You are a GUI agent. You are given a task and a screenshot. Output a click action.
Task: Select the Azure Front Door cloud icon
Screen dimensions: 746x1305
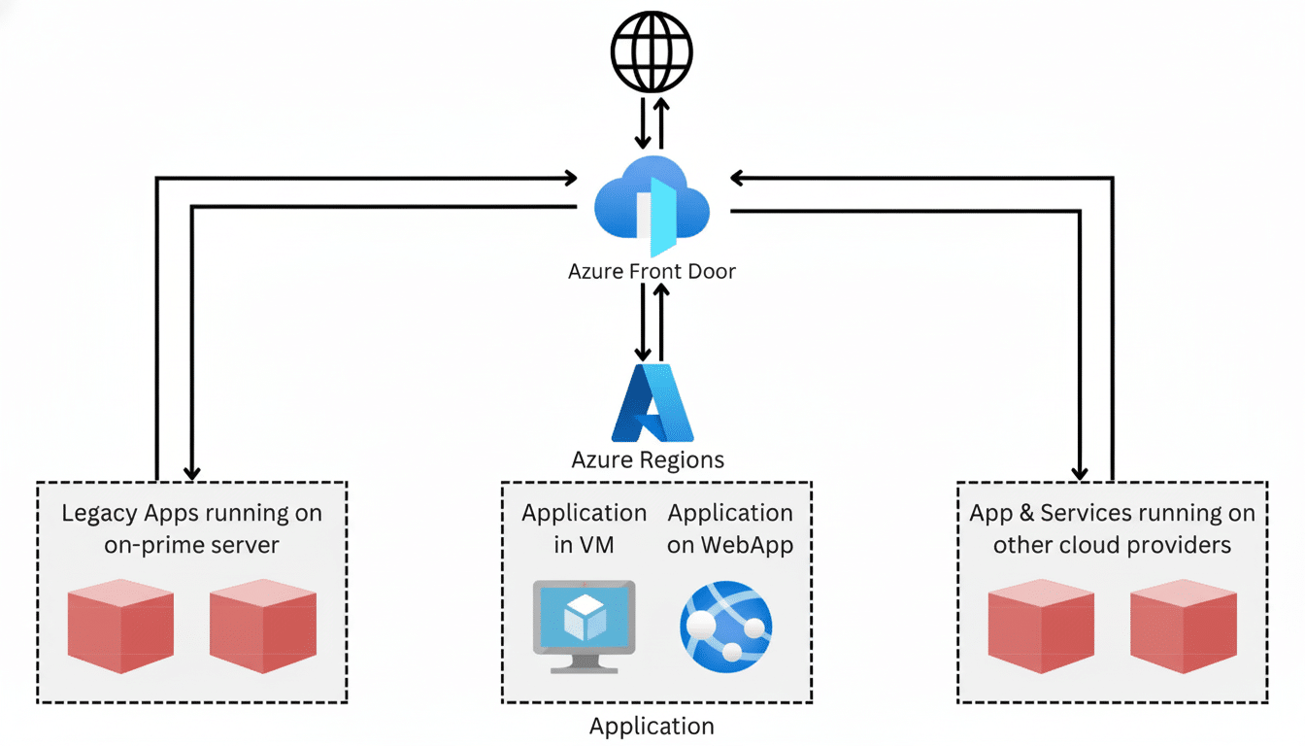coord(652,205)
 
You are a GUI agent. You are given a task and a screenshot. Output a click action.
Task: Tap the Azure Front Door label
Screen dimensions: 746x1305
coord(652,272)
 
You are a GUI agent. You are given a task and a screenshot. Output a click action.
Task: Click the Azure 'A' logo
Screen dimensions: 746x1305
coord(652,404)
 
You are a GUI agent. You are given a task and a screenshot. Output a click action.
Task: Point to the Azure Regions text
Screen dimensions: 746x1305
coord(648,459)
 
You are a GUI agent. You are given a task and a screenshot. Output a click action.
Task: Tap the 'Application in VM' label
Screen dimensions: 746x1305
coord(584,528)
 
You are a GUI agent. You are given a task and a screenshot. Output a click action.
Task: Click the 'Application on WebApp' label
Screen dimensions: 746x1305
coord(730,528)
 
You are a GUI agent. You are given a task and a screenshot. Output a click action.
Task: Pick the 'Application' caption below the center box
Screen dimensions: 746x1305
coord(652,726)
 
